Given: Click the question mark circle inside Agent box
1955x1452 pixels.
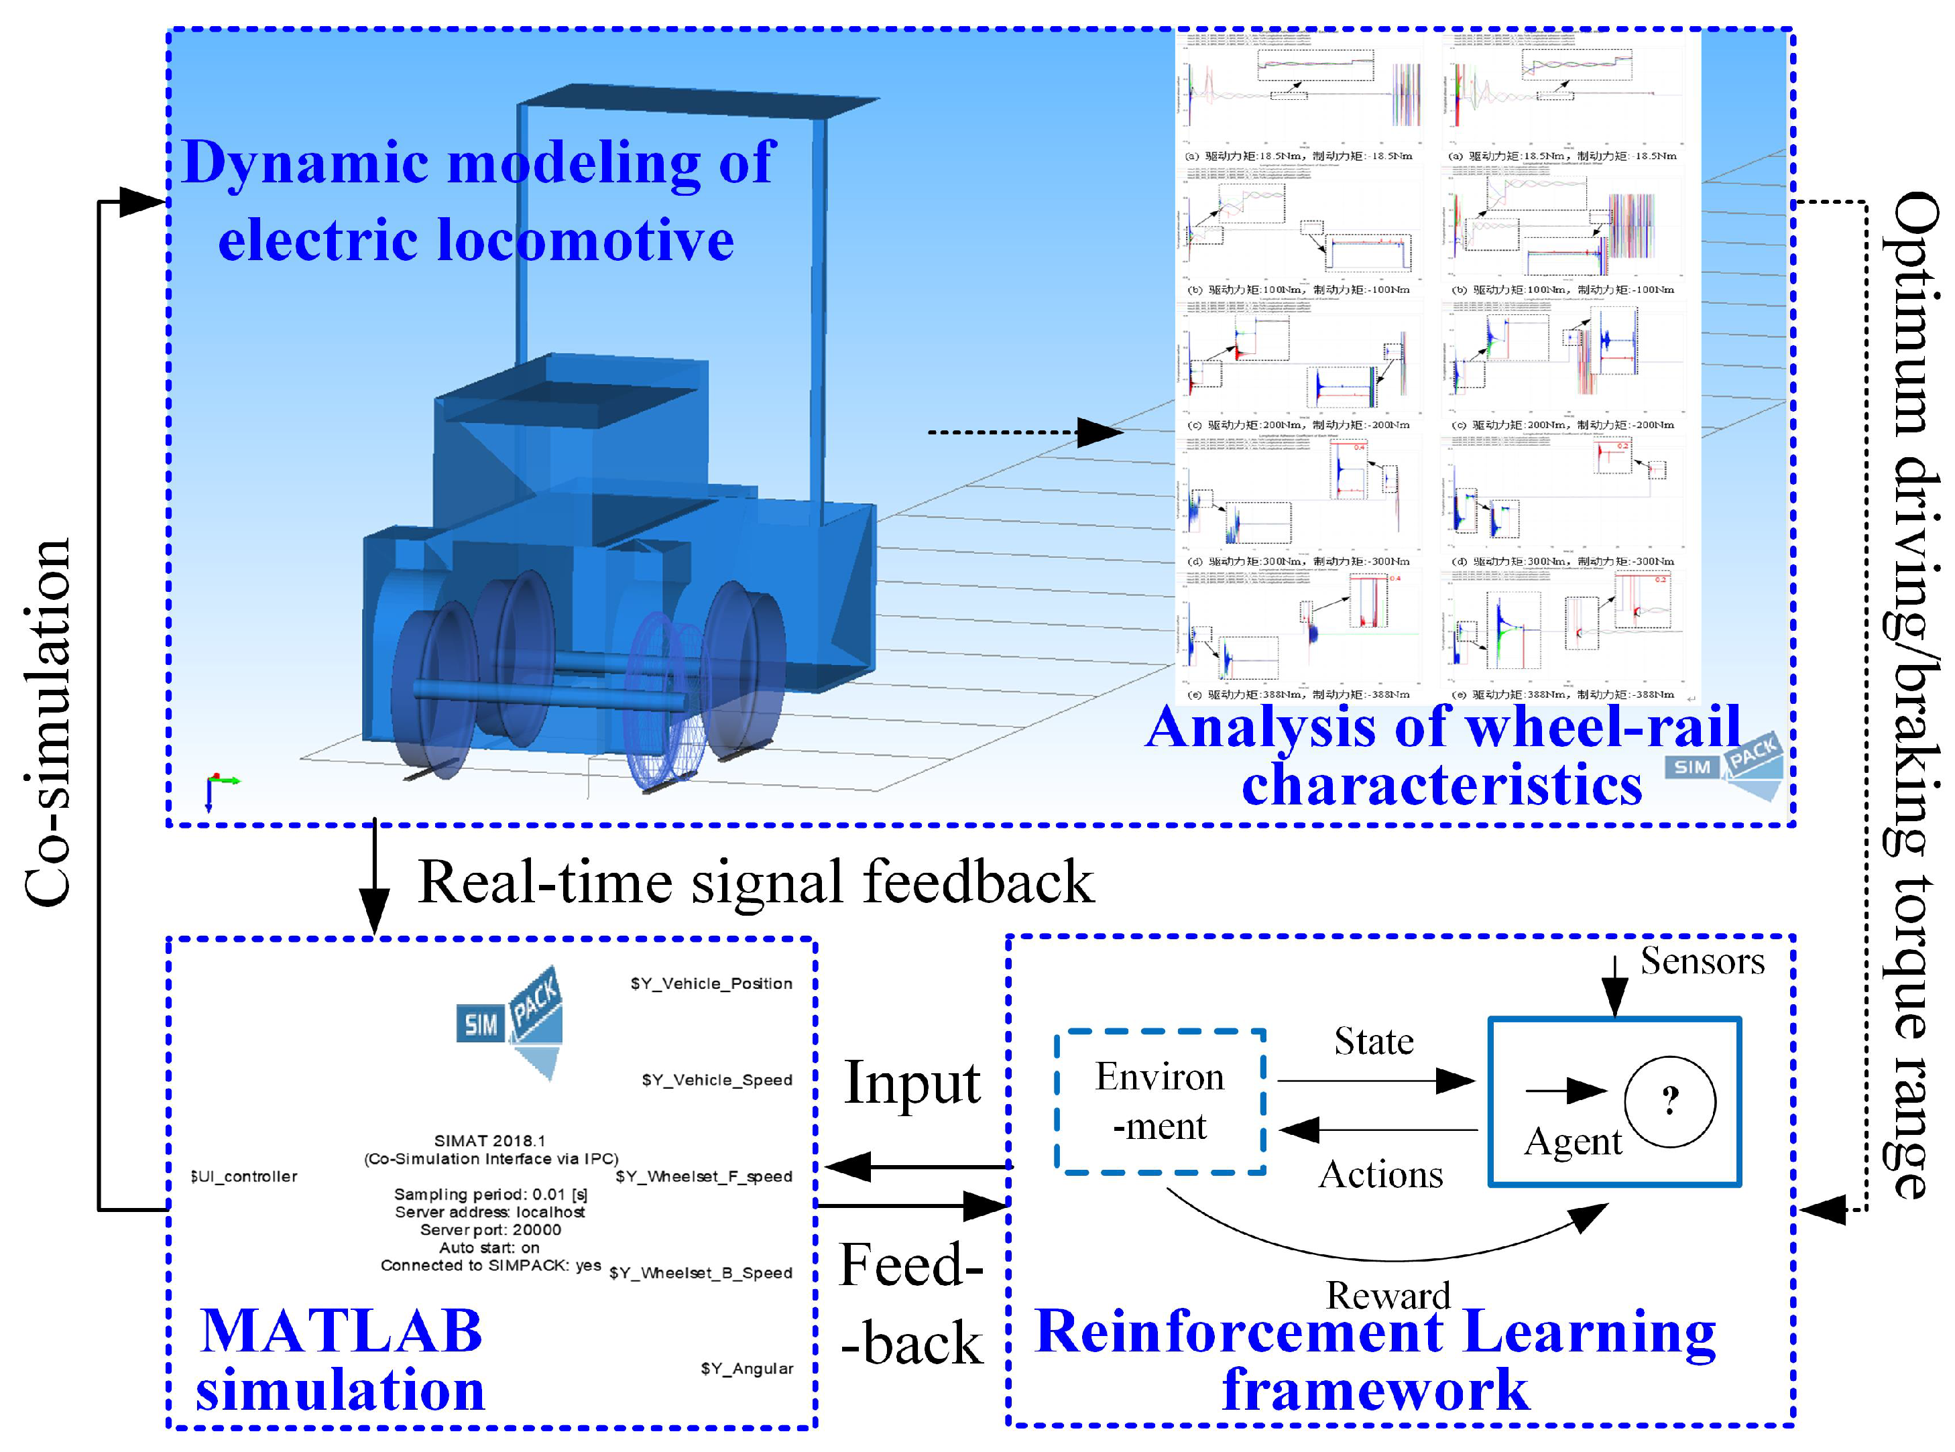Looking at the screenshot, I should pyautogui.click(x=1669, y=1101).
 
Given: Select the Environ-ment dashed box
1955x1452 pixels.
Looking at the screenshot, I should pyautogui.click(x=1159, y=1101).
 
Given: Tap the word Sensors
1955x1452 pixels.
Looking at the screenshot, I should pyautogui.click(x=1702, y=961).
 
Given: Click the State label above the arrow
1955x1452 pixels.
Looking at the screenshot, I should pyautogui.click(x=1374, y=1042).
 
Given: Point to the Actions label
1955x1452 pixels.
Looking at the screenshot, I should pyautogui.click(x=1380, y=1175).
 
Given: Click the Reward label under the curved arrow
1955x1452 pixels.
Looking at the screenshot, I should pyautogui.click(x=1388, y=1294).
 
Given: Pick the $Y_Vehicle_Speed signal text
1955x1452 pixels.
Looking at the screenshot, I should pyautogui.click(x=717, y=1080).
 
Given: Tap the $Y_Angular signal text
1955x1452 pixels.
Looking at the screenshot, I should pyautogui.click(x=746, y=1368).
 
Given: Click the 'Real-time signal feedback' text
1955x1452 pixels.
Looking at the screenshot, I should pyautogui.click(x=756, y=882).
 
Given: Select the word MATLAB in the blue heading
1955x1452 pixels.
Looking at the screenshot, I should pyautogui.click(x=341, y=1331).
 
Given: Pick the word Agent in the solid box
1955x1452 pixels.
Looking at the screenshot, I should pyautogui.click(x=1573, y=1142).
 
